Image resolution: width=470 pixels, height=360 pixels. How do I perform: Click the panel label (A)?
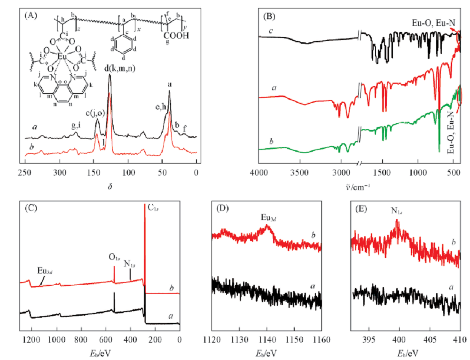(x=31, y=15)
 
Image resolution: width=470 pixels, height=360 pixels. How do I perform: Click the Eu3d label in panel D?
(x=269, y=218)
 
